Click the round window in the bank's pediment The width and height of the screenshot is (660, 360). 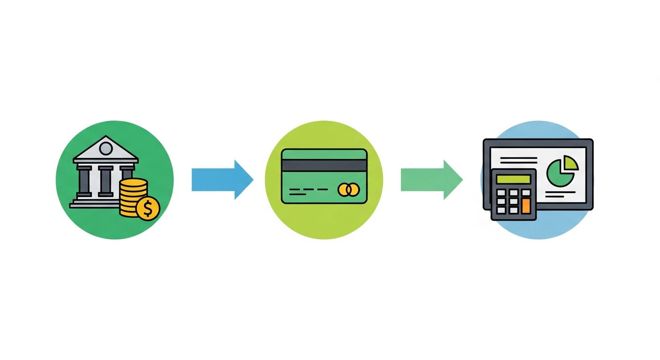click(x=106, y=149)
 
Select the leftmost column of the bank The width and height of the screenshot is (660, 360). click(x=84, y=181)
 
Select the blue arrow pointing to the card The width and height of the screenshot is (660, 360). click(x=222, y=180)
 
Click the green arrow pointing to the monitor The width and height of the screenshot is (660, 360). click(x=431, y=180)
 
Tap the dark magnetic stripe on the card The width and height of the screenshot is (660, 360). click(x=324, y=165)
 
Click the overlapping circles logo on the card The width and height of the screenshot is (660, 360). click(x=348, y=190)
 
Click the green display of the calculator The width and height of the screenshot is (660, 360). click(x=513, y=179)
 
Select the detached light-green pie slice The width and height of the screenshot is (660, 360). click(x=571, y=163)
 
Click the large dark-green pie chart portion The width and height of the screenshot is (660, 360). click(x=559, y=174)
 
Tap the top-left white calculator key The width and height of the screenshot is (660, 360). click(x=501, y=193)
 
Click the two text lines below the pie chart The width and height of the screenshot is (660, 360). click(x=562, y=195)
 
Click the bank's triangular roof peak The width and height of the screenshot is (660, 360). click(x=106, y=139)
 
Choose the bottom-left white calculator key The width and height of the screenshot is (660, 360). click(x=501, y=210)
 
